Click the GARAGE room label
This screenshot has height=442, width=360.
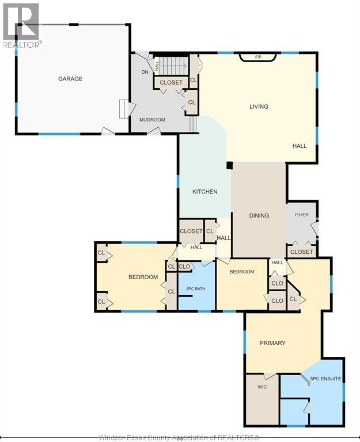pos(70,79)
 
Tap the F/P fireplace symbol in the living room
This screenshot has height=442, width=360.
pos(258,57)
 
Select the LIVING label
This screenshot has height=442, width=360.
pos(259,106)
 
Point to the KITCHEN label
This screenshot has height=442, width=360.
pos(205,192)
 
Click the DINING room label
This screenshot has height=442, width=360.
pos(259,216)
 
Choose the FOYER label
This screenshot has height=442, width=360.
pos(302,215)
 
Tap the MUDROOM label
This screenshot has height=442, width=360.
pos(152,120)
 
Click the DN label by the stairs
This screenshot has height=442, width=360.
pos(145,72)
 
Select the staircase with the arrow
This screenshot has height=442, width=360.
pos(171,66)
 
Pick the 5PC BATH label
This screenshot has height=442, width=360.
pos(196,289)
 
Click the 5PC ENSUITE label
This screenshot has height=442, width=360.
pos(325,379)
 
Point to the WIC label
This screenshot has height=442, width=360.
pos(262,387)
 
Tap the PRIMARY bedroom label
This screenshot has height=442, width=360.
pos(272,343)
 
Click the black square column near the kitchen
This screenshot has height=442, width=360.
pos(230,165)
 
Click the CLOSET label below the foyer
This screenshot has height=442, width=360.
pos(301,252)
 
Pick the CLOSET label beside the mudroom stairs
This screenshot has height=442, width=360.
pos(171,83)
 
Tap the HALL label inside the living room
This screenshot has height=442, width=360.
pos(300,146)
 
